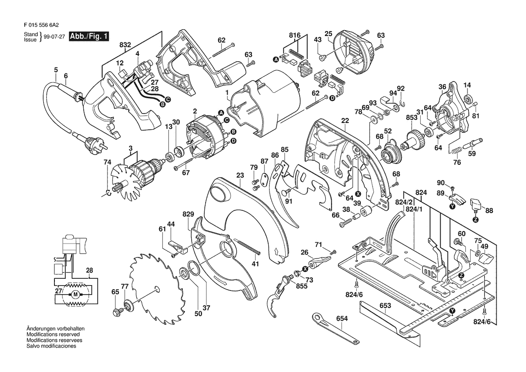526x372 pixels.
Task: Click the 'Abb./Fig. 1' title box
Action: pyautogui.click(x=89, y=36)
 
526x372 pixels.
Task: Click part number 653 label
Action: pyautogui.click(x=386, y=305)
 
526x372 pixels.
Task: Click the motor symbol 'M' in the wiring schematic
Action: pyautogui.click(x=75, y=294)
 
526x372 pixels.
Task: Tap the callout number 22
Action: pyautogui.click(x=345, y=121)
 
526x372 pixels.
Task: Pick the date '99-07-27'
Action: pyautogui.click(x=54, y=37)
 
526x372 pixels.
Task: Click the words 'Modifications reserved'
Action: pyautogui.click(x=53, y=335)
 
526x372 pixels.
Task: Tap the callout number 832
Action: pyautogui.click(x=125, y=45)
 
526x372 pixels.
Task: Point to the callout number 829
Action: pyautogui.click(x=189, y=214)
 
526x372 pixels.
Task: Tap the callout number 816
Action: pyautogui.click(x=296, y=35)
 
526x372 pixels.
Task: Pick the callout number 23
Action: pyautogui.click(x=240, y=175)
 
